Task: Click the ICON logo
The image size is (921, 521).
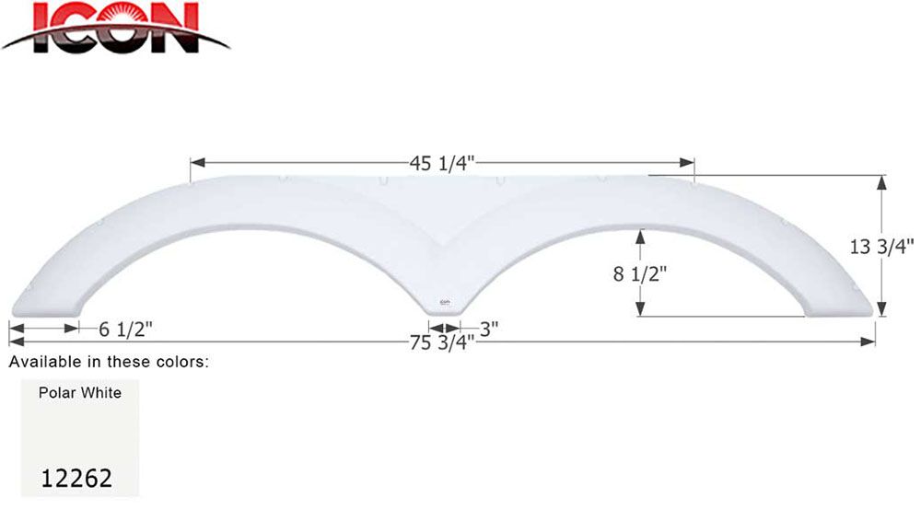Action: pyautogui.click(x=115, y=28)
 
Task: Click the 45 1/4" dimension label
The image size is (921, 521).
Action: pyautogui.click(x=442, y=163)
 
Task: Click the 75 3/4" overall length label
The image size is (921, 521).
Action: pyautogui.click(x=442, y=343)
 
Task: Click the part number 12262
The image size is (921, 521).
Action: pyautogui.click(x=77, y=478)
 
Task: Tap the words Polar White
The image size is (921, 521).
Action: pyautogui.click(x=79, y=393)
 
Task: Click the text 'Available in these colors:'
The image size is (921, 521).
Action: pyautogui.click(x=110, y=362)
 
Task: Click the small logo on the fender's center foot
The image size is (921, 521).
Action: pyautogui.click(x=444, y=301)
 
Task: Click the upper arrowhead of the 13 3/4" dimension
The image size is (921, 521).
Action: pyautogui.click(x=882, y=181)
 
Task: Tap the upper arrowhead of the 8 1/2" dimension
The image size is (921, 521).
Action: pyautogui.click(x=637, y=236)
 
